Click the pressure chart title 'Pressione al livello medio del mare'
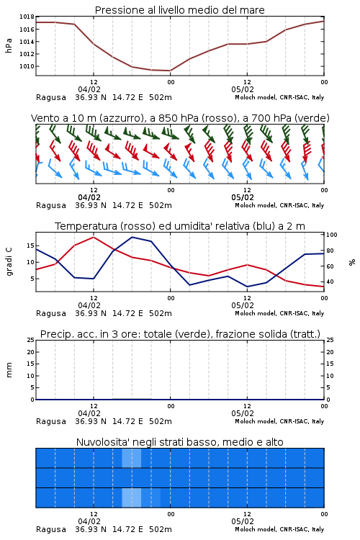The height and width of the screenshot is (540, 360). tap(179, 10)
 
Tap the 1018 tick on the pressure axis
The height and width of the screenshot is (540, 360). tap(27, 17)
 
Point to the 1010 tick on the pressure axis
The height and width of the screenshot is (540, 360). tap(27, 66)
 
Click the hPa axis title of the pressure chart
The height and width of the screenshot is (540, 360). tap(9, 45)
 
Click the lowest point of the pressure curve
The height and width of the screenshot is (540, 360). tap(170, 71)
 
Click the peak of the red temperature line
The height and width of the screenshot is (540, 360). tap(94, 237)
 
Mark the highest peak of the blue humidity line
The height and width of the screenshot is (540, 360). tap(132, 237)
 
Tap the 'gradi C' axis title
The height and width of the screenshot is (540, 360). tap(9, 262)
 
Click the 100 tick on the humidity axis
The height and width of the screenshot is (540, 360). tap(332, 235)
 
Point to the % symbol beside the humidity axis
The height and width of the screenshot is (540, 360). tap(352, 262)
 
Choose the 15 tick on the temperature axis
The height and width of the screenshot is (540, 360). tap(30, 246)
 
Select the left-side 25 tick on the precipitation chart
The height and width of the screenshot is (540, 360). tap(30, 340)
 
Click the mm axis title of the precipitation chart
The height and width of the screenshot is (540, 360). tap(9, 370)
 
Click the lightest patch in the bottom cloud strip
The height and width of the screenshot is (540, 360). tap(131, 498)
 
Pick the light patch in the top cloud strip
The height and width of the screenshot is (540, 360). tap(131, 458)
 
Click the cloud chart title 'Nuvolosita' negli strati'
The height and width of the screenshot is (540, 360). tap(147, 442)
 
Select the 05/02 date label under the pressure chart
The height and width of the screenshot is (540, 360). tap(243, 89)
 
